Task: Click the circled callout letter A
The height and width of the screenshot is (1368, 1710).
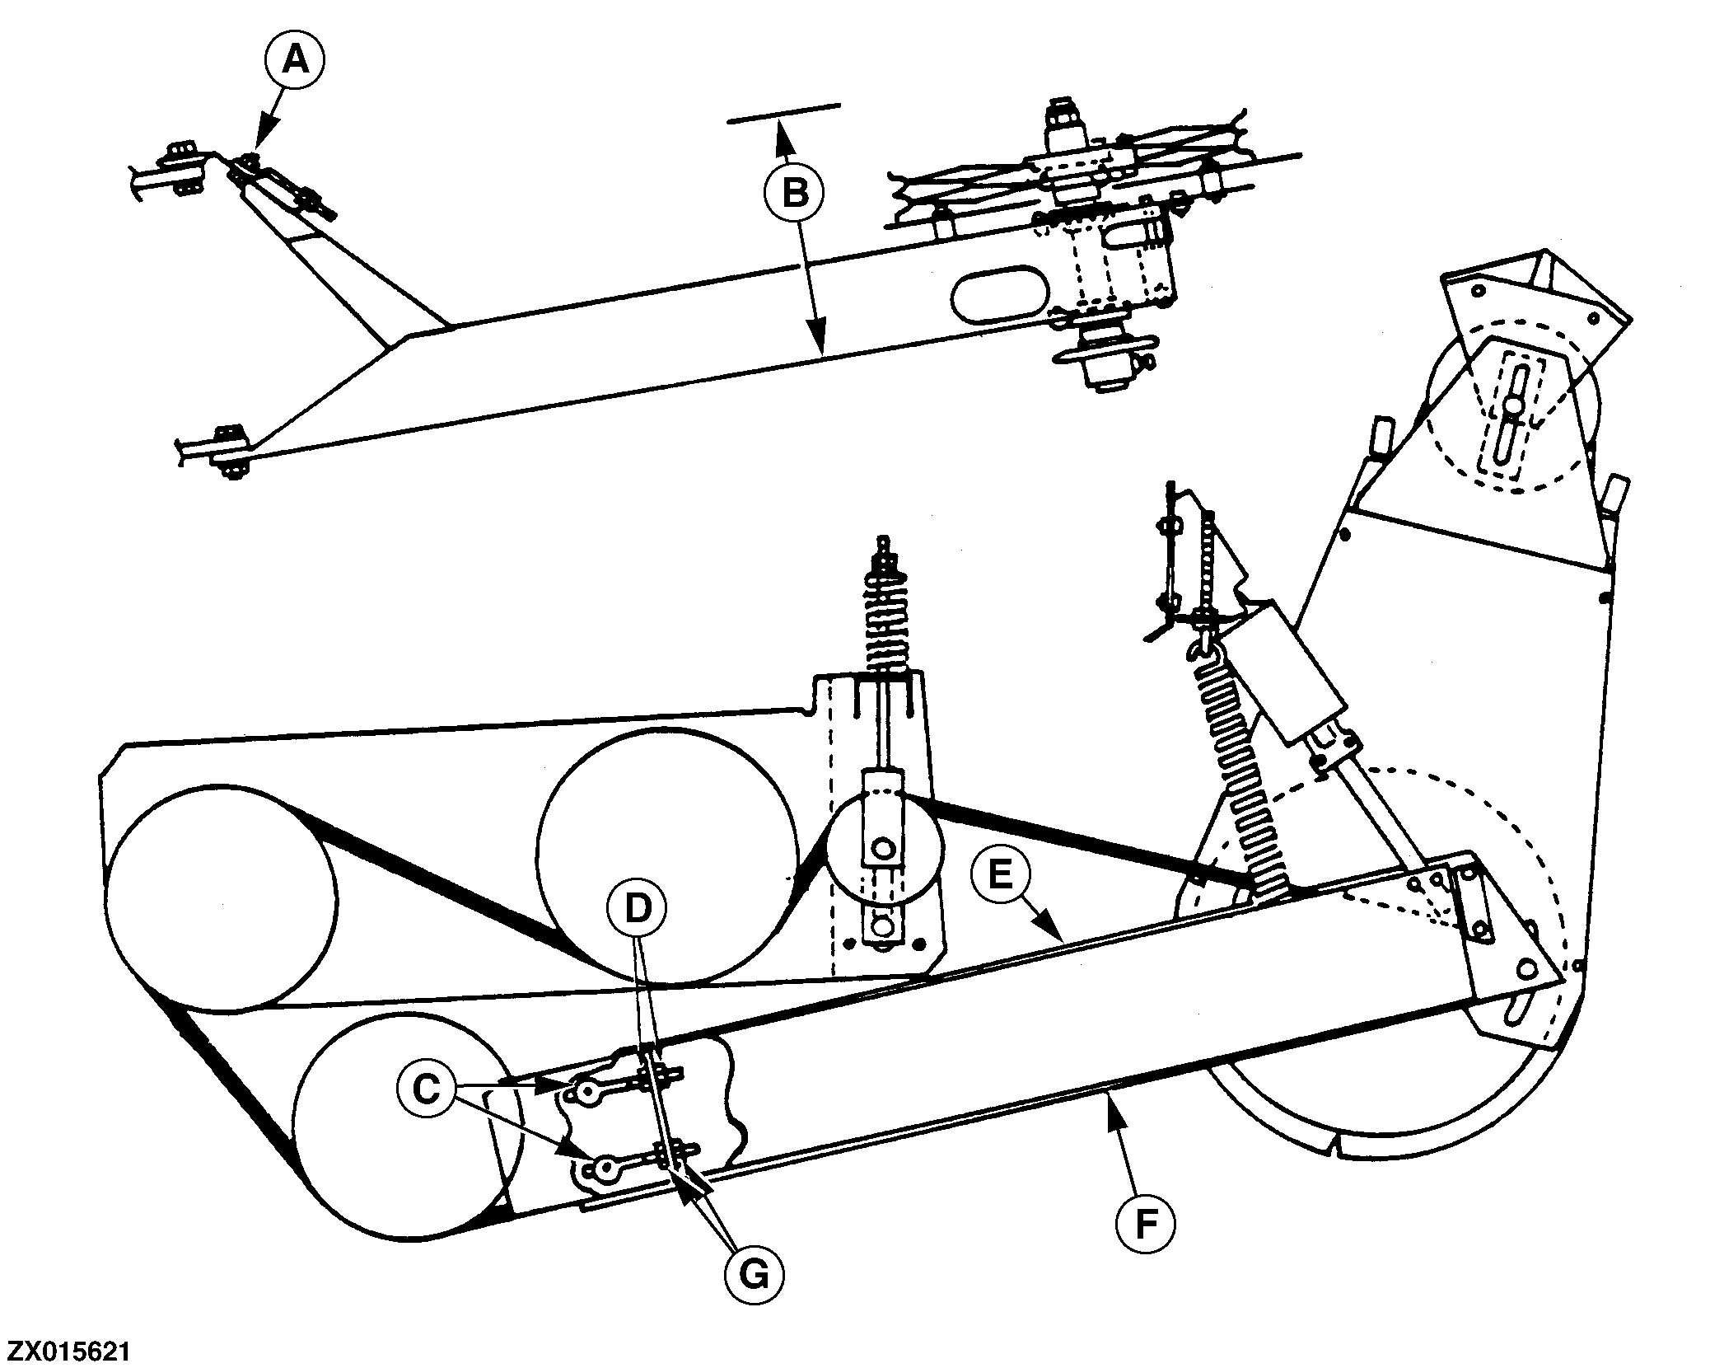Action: pyautogui.click(x=295, y=61)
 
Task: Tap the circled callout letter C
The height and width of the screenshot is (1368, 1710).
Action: pyautogui.click(x=426, y=1089)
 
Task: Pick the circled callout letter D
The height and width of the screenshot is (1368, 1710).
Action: pyautogui.click(x=637, y=907)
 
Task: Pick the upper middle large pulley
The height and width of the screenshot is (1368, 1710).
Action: pyautogui.click(x=667, y=857)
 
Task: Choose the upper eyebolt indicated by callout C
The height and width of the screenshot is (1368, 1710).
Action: pyautogui.click(x=587, y=1092)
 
